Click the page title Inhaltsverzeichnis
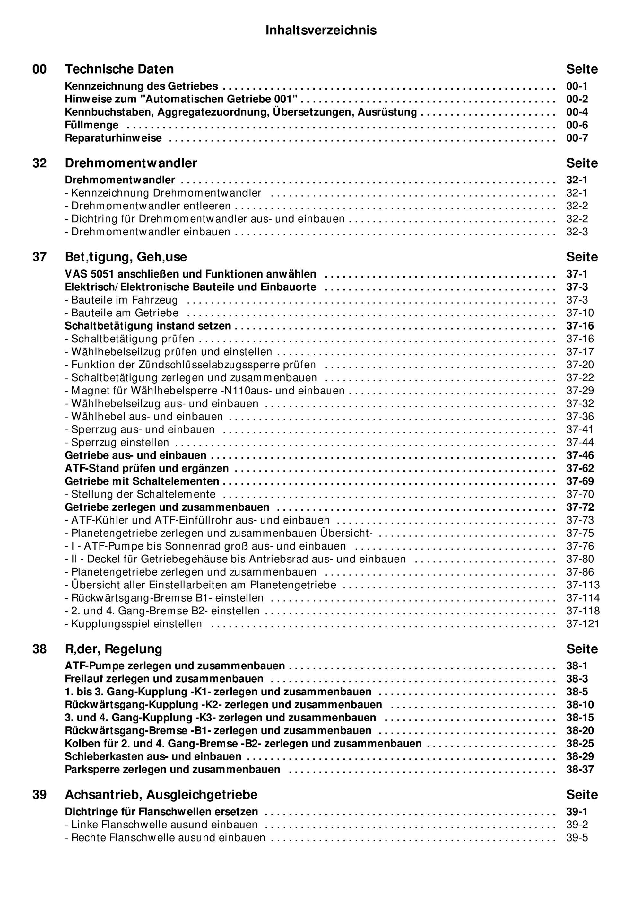[x=321, y=30]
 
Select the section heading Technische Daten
[x=119, y=69]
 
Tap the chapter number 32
[x=39, y=163]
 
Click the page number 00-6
[x=577, y=125]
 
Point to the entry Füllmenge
[x=91, y=125]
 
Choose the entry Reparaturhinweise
[x=113, y=138]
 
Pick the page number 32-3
[x=577, y=232]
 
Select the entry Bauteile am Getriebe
[x=122, y=313]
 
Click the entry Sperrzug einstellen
[x=117, y=443]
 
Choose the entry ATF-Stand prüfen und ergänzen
[x=147, y=469]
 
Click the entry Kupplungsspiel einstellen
[x=134, y=624]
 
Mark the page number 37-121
[x=583, y=624]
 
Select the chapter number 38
[x=39, y=649]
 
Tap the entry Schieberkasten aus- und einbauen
[x=153, y=756]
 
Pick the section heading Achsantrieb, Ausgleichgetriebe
[x=161, y=795]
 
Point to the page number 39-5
[x=577, y=838]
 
